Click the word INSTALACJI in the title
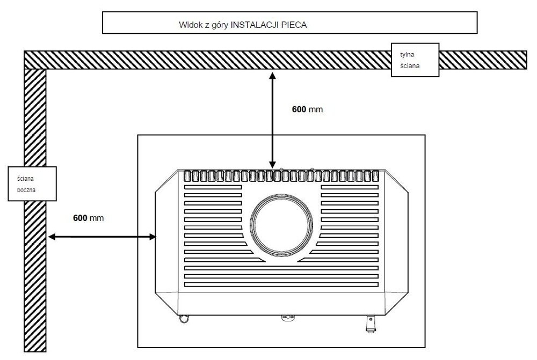pyautogui.click(x=253, y=25)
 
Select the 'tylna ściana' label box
pyautogui.click(x=415, y=60)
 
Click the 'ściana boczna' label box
pyautogui.click(x=32, y=184)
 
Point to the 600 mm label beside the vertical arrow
pyautogui.click(x=307, y=109)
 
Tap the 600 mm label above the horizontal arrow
pyautogui.click(x=89, y=218)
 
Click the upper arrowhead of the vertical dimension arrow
pyautogui.click(x=272, y=76)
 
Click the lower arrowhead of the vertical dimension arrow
pyautogui.click(x=272, y=164)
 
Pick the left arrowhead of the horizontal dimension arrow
pyautogui.click(x=52, y=237)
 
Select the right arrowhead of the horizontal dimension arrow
pyautogui.click(x=153, y=237)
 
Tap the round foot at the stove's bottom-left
pyautogui.click(x=184, y=319)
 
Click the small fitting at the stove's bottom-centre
pyautogui.click(x=288, y=318)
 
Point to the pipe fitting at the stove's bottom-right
pyautogui.click(x=371, y=324)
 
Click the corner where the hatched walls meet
pyautogui.click(x=35, y=60)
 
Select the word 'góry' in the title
pyautogui.click(x=219, y=25)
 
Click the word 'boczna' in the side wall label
pyautogui.click(x=26, y=190)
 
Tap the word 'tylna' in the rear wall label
pyautogui.click(x=407, y=54)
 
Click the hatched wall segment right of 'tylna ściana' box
pyautogui.click(x=483, y=60)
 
